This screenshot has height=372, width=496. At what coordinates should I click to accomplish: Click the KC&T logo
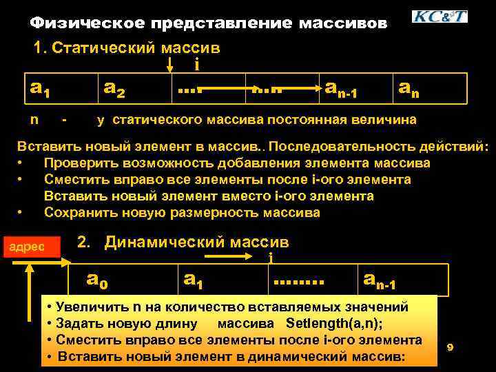click(439, 17)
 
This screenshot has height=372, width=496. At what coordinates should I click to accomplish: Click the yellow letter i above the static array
click(198, 65)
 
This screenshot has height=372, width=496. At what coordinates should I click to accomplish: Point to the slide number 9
click(450, 347)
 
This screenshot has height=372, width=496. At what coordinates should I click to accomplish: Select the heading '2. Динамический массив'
click(183, 242)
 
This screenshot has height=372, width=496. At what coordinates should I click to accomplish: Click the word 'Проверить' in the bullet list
click(76, 163)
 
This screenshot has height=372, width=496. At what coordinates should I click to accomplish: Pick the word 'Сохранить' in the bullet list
click(77, 212)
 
